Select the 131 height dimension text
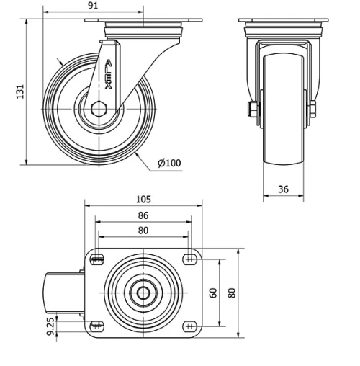click(21, 91)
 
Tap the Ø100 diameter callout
click(169, 163)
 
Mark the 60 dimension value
click(213, 293)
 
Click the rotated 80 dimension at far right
click(232, 293)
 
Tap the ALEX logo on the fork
click(108, 75)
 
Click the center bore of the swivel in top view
click(143, 293)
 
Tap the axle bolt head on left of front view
click(253, 110)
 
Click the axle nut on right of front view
click(312, 110)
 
